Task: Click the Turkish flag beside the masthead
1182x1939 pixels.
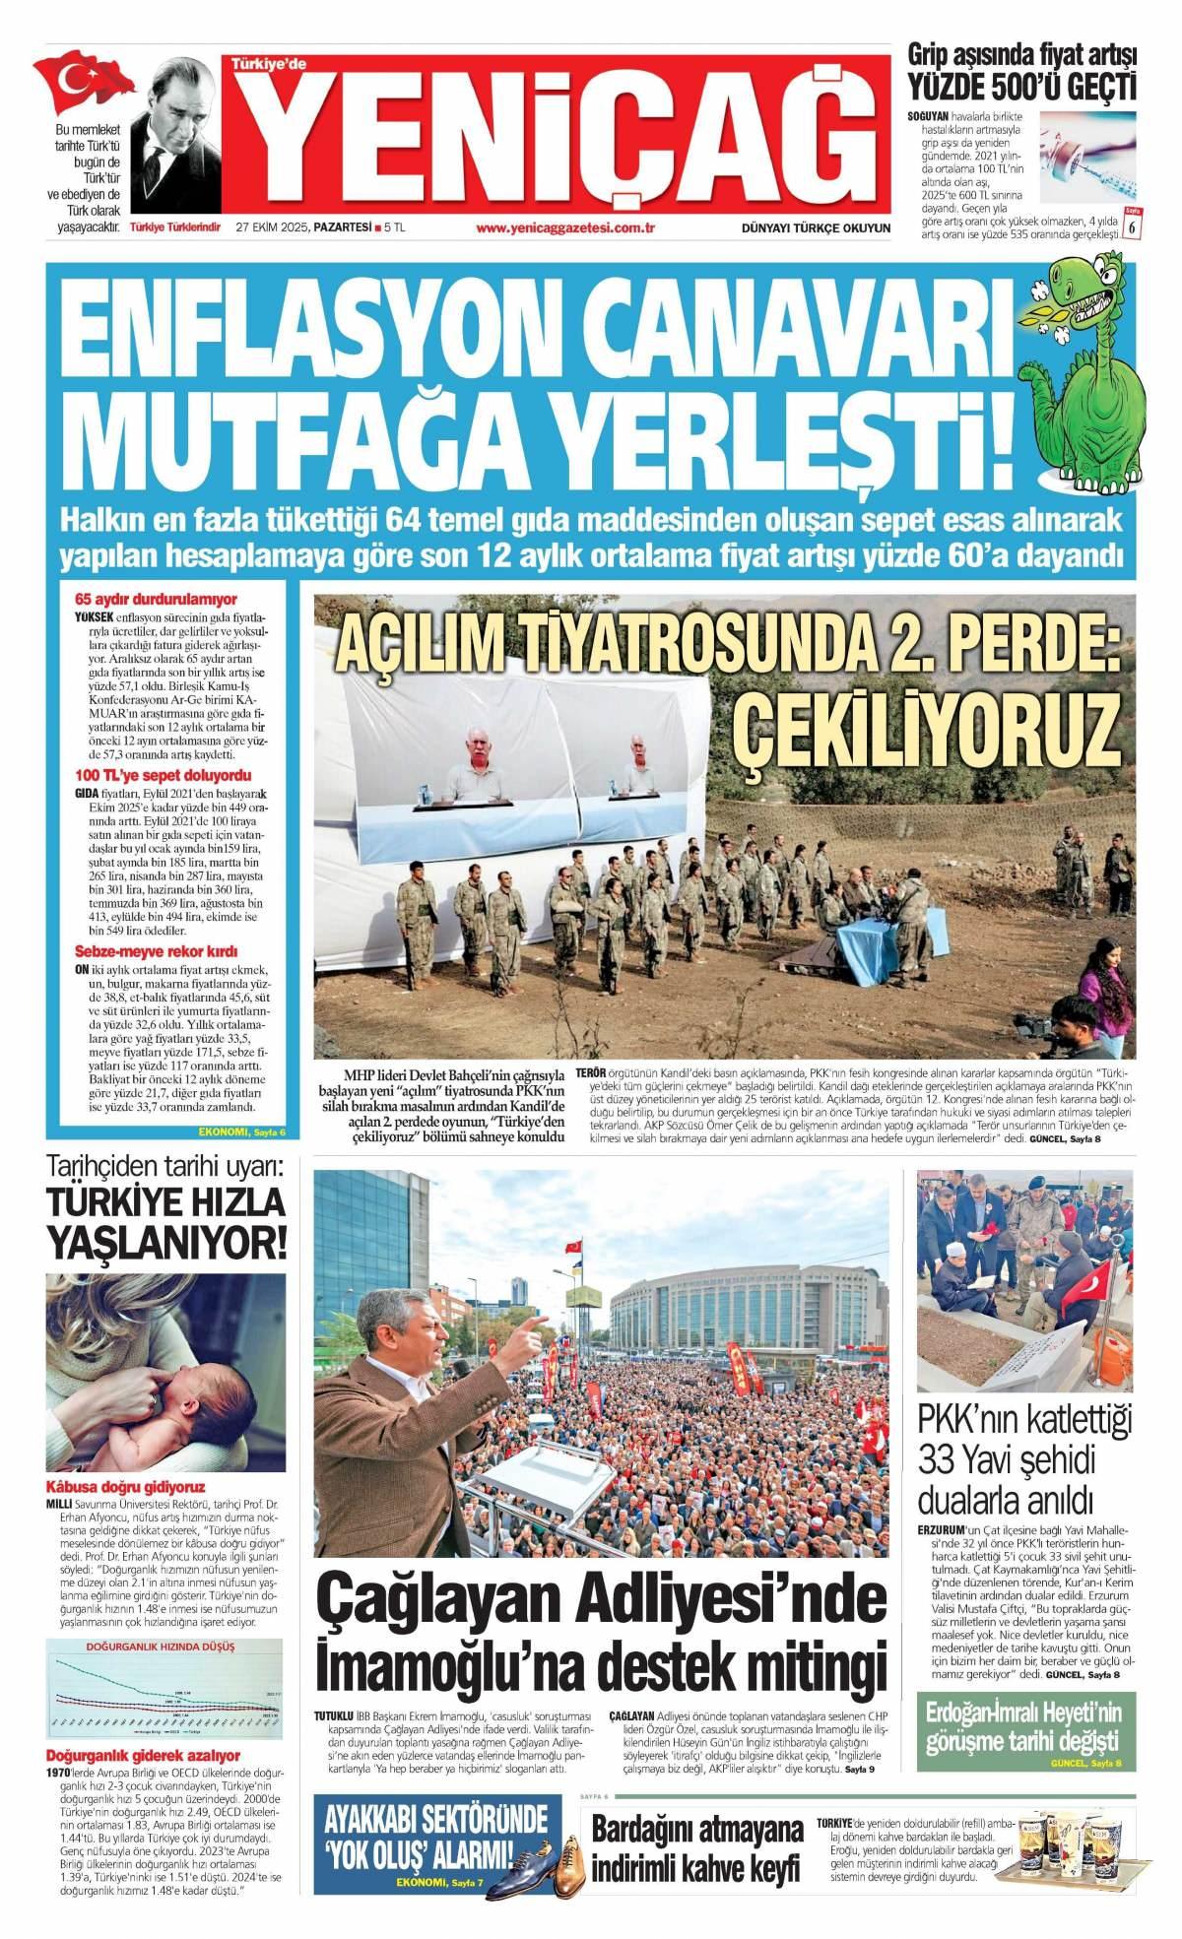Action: tap(83, 80)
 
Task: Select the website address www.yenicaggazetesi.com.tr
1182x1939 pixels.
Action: tap(565, 228)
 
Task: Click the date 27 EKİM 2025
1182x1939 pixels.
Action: tap(271, 228)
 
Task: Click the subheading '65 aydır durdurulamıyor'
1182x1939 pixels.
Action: tap(156, 599)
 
